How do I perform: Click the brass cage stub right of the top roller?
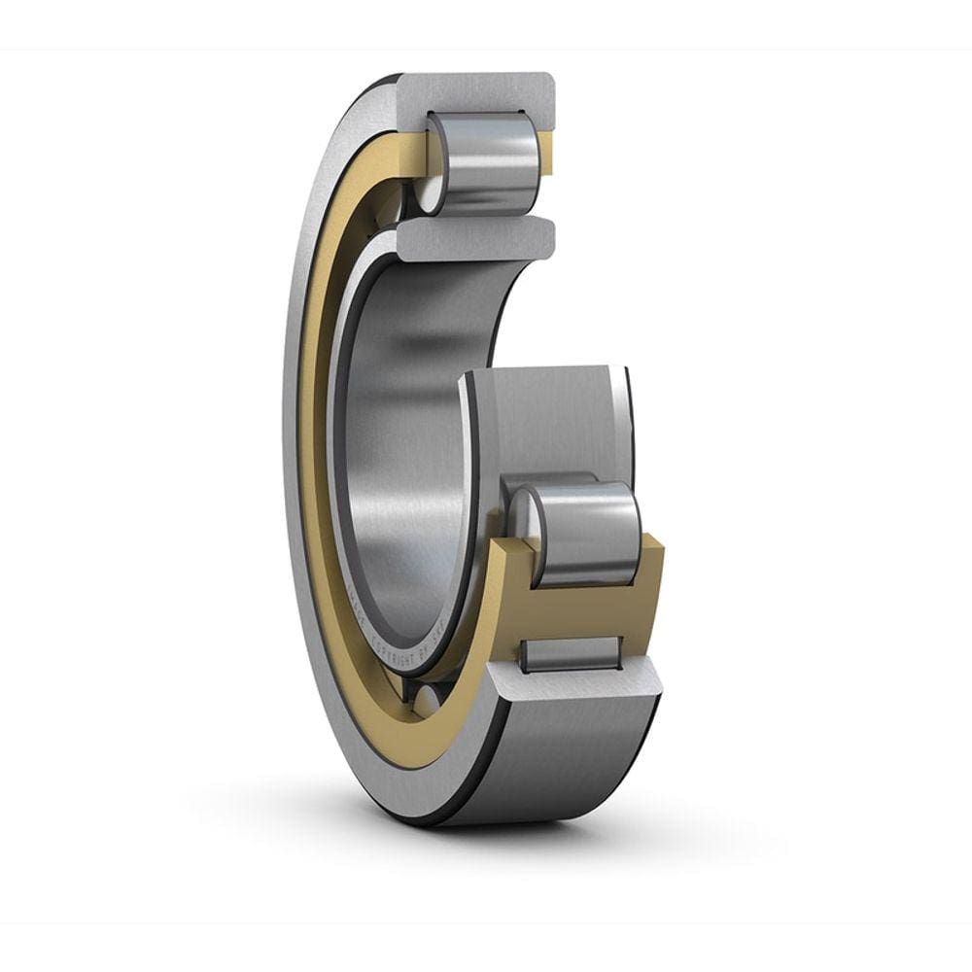pos(546,156)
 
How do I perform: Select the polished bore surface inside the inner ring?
pos(408,437)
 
